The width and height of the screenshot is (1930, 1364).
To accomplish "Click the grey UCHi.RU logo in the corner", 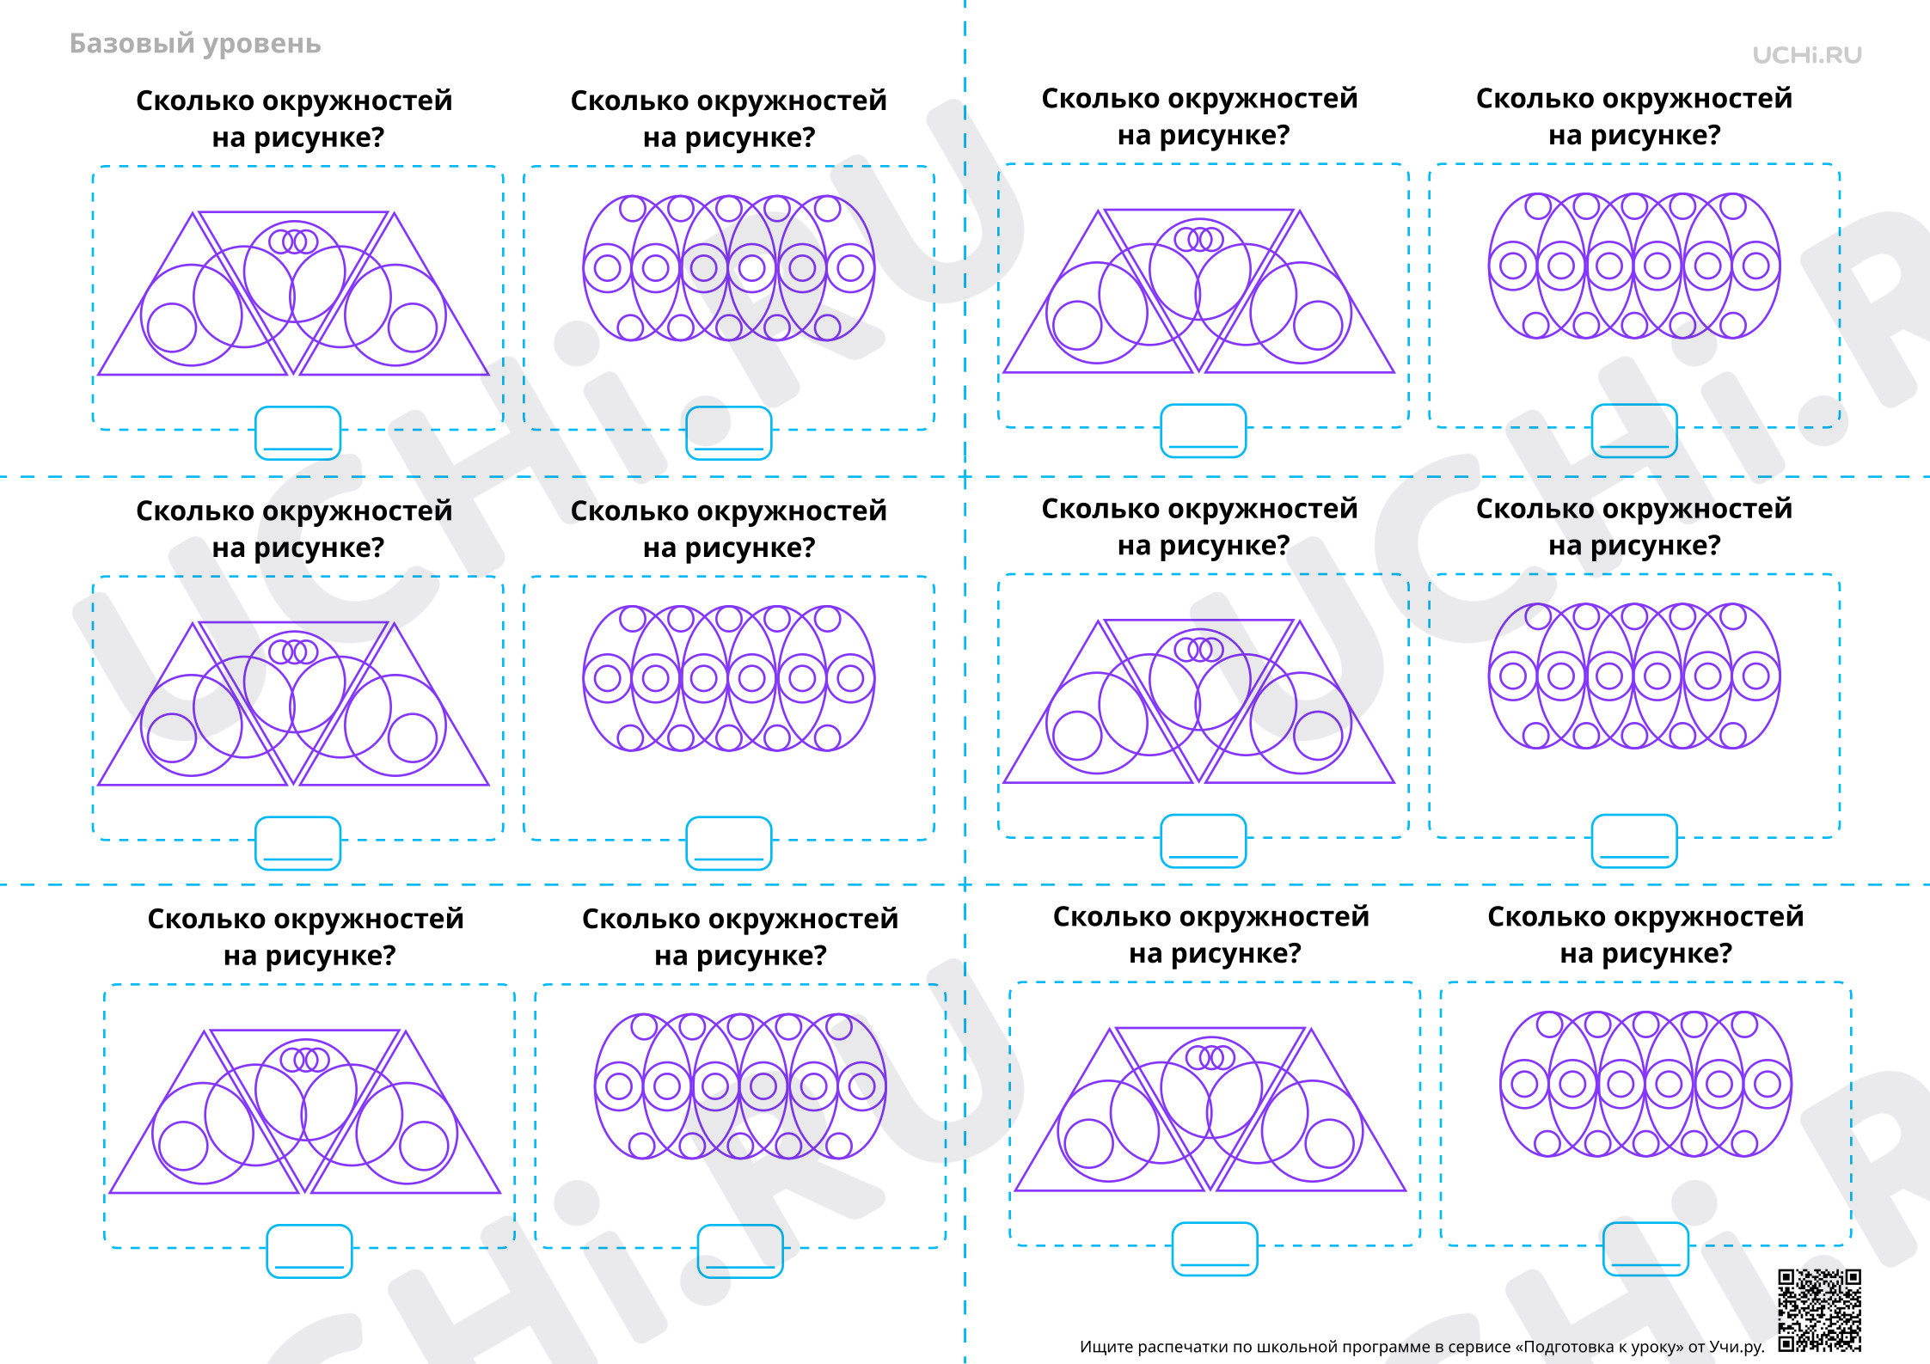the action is (x=1807, y=56).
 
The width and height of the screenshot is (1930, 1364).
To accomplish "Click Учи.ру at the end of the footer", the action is (x=1737, y=1347).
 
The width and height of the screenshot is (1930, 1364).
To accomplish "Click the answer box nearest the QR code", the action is (x=1645, y=1249).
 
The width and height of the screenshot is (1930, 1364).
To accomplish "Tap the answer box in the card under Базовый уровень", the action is (x=297, y=433).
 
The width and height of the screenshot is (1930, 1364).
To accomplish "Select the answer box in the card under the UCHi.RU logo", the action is (x=1633, y=431).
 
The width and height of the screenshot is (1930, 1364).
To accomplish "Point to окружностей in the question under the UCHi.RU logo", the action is (x=1697, y=100).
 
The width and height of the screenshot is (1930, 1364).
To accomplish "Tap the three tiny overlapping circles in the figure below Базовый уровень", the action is (x=294, y=242).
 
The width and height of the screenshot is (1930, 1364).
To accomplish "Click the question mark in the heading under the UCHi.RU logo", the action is (x=1713, y=135).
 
